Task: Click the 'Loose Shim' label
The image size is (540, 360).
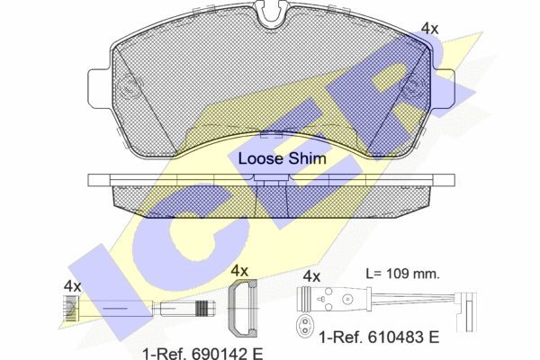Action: click(282, 158)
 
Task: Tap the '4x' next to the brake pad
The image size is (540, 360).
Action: click(430, 29)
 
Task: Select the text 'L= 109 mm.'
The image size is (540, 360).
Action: click(402, 274)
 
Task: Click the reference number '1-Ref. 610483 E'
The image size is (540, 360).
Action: click(379, 337)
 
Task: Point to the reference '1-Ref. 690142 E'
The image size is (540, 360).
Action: click(202, 354)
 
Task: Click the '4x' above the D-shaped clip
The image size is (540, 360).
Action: click(239, 271)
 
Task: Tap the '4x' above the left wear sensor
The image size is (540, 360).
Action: click(72, 286)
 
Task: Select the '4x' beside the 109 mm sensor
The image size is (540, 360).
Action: click(311, 276)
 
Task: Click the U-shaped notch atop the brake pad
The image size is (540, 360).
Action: click(272, 14)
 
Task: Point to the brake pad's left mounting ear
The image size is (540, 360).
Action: click(100, 88)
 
